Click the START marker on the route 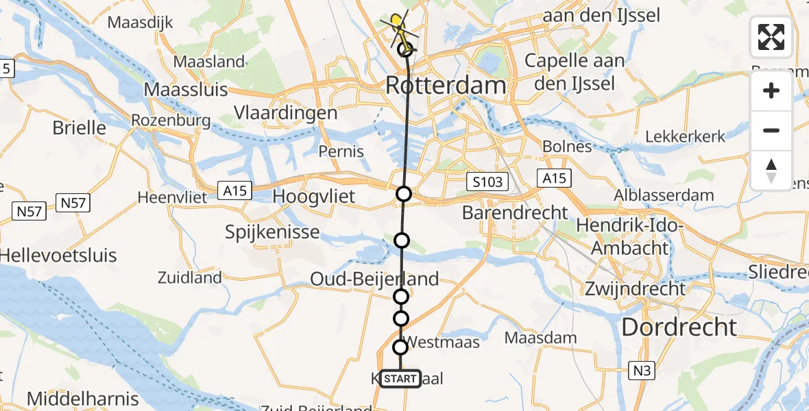[x=400, y=378]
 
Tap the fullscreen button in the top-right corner [x=771, y=37]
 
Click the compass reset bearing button [x=771, y=171]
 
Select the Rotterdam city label [x=446, y=86]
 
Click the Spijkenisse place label [x=272, y=232]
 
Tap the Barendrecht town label [x=515, y=212]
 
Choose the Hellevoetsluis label [x=58, y=256]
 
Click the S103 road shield [x=487, y=182]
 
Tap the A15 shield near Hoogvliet [x=237, y=190]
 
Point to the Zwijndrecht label [x=634, y=288]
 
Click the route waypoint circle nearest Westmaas [x=400, y=347]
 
